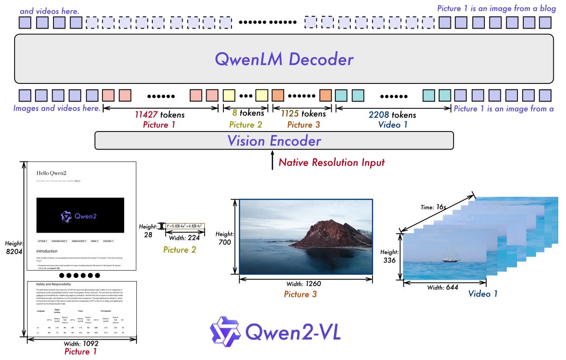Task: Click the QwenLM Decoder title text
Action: click(284, 59)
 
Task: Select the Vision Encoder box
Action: click(274, 141)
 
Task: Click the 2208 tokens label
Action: click(392, 114)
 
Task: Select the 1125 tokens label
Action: click(303, 114)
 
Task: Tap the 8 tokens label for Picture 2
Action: click(245, 114)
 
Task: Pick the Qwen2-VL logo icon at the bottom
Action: click(225, 331)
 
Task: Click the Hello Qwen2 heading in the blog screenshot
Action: click(53, 173)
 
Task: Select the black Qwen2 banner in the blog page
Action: click(80, 215)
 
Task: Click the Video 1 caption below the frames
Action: click(483, 294)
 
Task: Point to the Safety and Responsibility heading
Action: click(53, 284)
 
